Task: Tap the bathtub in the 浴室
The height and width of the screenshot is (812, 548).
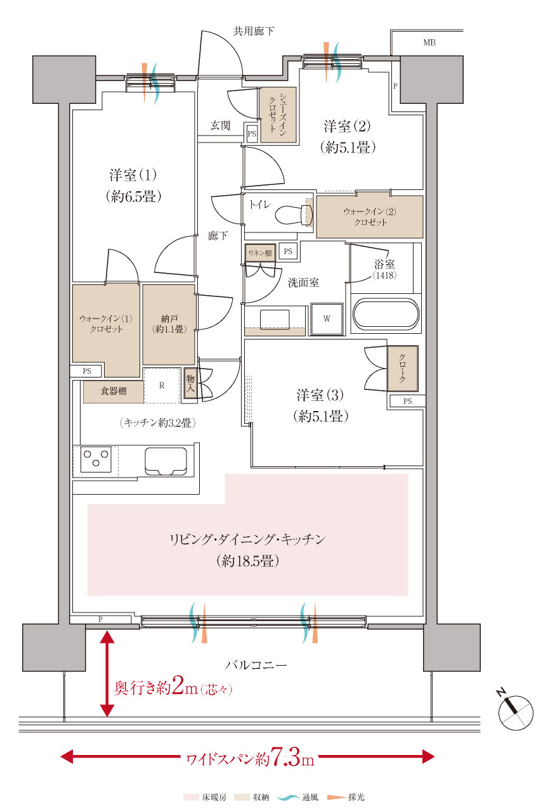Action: click(386, 315)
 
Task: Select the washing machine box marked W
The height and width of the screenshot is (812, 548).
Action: click(327, 319)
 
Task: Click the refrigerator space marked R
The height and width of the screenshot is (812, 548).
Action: click(162, 384)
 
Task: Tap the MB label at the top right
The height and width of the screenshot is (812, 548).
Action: click(429, 43)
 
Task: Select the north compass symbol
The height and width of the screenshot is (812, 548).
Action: click(514, 711)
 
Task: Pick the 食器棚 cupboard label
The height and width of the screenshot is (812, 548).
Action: click(114, 391)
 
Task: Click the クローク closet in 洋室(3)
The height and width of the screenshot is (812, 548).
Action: click(403, 369)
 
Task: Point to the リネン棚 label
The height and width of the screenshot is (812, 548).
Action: click(261, 253)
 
